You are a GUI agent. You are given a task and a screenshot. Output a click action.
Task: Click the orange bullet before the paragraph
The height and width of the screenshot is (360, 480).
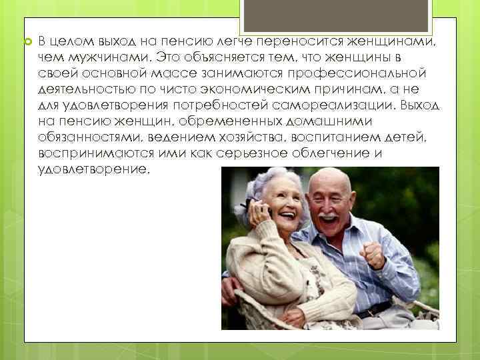(27, 41)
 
